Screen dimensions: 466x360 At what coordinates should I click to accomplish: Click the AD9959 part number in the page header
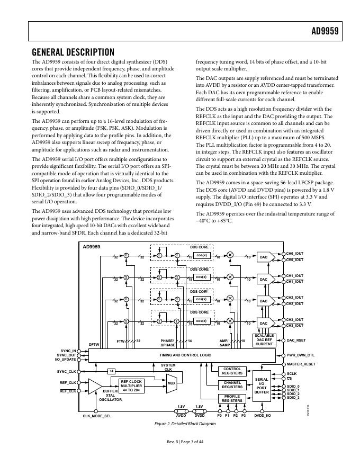(324, 31)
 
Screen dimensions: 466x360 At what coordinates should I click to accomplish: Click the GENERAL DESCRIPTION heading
(73, 52)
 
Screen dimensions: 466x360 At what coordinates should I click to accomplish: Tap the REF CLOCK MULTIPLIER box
(131, 386)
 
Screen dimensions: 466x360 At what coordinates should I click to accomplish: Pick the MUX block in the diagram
(172, 383)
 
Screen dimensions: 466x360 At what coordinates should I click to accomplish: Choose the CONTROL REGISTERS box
(232, 371)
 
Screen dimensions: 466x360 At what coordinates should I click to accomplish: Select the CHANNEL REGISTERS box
(232, 385)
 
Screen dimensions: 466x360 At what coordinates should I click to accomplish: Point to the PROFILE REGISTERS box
(232, 399)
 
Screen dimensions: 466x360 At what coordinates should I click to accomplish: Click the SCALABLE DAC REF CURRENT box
(264, 340)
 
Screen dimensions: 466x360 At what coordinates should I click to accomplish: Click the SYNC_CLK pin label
(67, 371)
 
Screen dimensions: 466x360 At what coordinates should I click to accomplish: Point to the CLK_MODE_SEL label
(97, 416)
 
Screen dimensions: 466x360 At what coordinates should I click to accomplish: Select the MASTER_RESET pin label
(301, 364)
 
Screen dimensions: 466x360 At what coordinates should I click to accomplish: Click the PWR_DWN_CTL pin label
(300, 355)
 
